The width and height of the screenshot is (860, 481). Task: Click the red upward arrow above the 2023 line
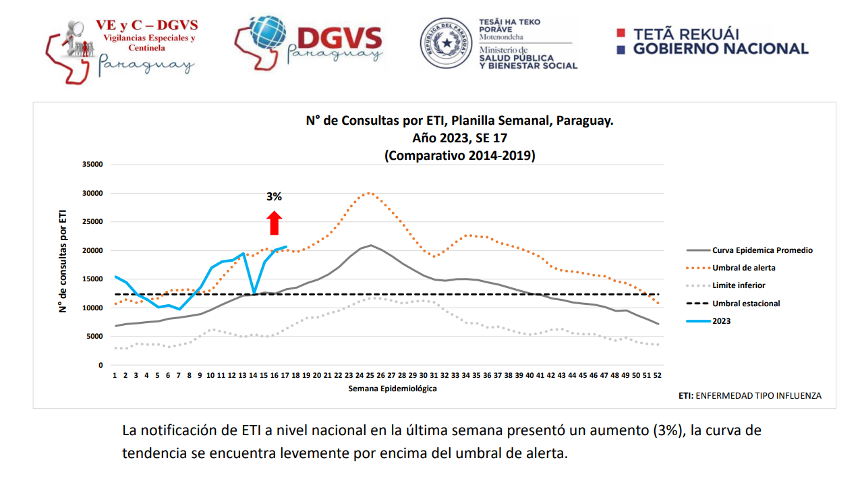click(274, 223)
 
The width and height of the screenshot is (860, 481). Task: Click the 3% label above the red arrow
click(274, 197)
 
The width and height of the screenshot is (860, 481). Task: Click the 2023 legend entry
click(721, 321)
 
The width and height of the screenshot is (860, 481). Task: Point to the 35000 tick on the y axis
click(91, 165)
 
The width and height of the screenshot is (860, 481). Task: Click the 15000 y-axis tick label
click(91, 279)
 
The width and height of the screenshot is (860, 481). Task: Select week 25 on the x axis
click(370, 376)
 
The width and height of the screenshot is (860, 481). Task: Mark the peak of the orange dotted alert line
click(370, 192)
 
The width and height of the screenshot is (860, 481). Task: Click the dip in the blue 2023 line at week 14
click(253, 293)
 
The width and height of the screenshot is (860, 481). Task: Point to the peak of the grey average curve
click(370, 246)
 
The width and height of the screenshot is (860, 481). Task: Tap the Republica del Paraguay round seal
click(446, 44)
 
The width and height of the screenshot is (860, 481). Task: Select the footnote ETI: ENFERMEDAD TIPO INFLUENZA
click(749, 396)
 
